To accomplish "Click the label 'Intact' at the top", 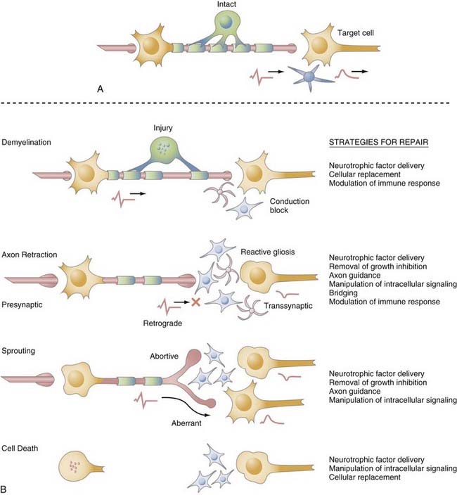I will coord(226,5).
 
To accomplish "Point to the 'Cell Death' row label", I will coord(20,446).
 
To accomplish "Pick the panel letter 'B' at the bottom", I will coord(6,487).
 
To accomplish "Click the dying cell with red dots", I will coord(76,465).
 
